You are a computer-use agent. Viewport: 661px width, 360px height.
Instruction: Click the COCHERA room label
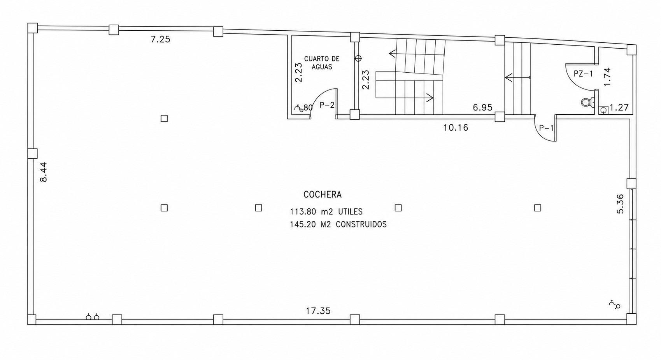click(x=323, y=195)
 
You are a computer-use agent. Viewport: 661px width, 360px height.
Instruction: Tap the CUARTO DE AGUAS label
click(x=322, y=63)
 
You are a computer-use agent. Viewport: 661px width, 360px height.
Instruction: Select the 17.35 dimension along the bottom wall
click(x=318, y=311)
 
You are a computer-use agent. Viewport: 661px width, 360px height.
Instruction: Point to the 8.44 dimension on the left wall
click(x=43, y=172)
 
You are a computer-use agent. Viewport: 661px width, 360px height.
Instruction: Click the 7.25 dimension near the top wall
click(x=161, y=40)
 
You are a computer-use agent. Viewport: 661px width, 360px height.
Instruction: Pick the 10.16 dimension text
click(x=456, y=128)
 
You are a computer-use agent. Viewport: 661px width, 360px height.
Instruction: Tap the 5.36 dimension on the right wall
click(x=621, y=204)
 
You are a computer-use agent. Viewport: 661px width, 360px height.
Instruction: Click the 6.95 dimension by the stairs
click(x=483, y=108)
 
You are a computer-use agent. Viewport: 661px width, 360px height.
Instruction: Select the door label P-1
click(x=547, y=128)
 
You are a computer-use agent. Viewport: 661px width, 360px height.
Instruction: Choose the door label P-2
click(x=327, y=105)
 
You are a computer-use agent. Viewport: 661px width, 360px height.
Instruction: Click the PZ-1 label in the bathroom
click(x=583, y=74)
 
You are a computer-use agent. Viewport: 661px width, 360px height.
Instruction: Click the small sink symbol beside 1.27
click(x=603, y=110)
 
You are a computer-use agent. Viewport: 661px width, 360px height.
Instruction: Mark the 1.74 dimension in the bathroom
click(x=607, y=77)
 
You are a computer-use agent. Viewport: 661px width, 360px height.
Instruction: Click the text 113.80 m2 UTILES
click(x=326, y=212)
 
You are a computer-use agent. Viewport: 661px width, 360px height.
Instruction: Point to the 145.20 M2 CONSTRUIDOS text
click(x=338, y=225)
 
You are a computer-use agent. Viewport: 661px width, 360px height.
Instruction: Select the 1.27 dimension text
click(x=619, y=108)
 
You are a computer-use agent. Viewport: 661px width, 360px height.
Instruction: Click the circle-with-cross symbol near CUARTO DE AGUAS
click(x=358, y=58)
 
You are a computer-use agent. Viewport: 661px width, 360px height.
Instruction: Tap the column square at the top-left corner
click(x=32, y=28)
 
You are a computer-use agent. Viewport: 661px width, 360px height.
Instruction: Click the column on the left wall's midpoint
click(x=32, y=153)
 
